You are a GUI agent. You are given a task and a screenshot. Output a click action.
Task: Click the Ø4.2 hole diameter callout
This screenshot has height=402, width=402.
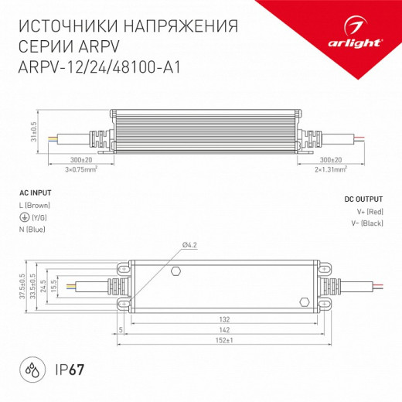click(191, 245)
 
